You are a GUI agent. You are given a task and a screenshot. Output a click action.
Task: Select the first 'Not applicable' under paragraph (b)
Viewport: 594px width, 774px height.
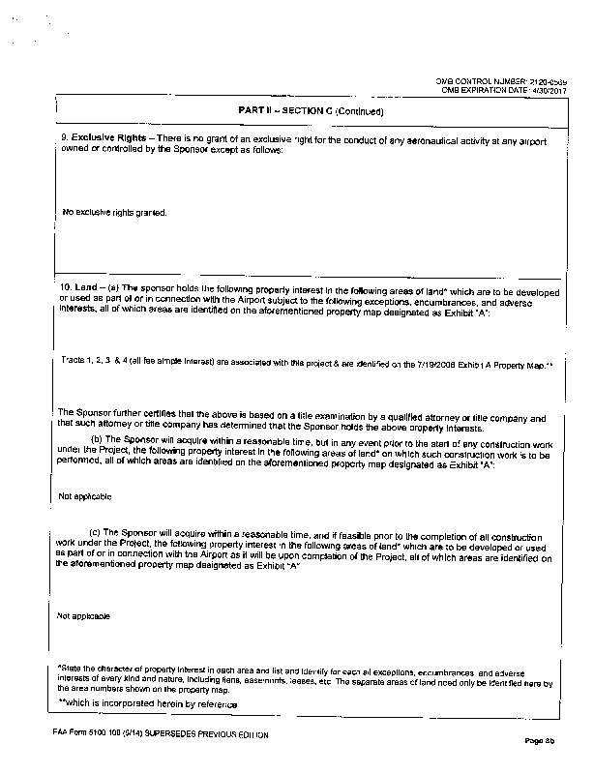click(85, 496)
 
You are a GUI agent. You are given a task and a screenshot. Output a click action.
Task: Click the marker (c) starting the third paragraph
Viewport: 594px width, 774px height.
click(97, 531)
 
